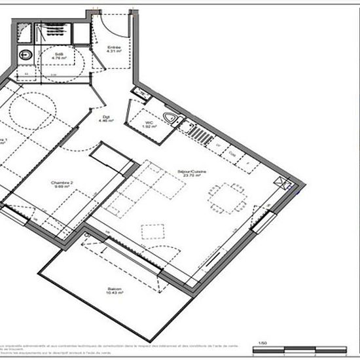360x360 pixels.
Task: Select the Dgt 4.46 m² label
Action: pos(103,120)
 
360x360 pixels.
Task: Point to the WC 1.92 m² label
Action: pos(150,125)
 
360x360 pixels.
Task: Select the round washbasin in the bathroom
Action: pos(26,55)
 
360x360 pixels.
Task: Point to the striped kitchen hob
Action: pos(199,134)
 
